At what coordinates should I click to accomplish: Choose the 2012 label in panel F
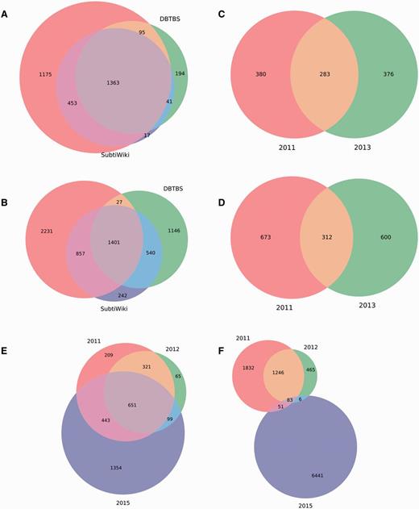point(312,347)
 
